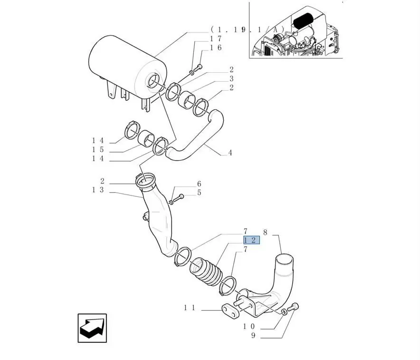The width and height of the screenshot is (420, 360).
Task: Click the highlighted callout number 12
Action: point(251,240)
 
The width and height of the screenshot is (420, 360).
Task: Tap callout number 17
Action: point(216,39)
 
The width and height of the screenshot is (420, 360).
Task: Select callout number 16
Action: point(216,48)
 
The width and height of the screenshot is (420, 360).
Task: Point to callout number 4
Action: point(230,153)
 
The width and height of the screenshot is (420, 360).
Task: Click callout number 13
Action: point(98,190)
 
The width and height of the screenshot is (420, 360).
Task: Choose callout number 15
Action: point(98,150)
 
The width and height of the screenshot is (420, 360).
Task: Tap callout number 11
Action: point(190,308)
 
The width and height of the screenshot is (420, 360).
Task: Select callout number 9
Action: point(253,335)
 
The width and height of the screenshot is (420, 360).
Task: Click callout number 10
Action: point(249,327)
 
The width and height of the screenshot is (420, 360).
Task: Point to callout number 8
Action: point(265,232)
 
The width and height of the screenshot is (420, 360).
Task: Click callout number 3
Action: point(231,78)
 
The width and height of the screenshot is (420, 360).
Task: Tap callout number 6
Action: point(199,184)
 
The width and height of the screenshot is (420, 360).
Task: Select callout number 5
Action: point(199,193)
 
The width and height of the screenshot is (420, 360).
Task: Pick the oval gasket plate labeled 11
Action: point(230,311)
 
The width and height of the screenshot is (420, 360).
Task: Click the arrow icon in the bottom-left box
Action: point(92,328)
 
